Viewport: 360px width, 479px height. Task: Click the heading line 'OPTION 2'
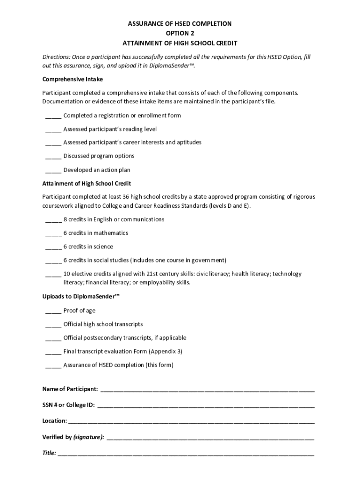coord(180,33)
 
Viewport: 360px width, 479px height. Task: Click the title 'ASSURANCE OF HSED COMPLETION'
coord(180,23)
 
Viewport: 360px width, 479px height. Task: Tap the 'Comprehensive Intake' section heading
coord(72,79)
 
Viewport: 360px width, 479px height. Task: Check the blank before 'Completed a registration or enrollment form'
coord(53,116)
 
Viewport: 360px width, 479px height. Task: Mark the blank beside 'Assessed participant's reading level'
coord(53,129)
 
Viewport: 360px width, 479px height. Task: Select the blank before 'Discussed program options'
coord(53,156)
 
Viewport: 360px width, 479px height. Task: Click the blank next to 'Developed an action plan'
coord(53,170)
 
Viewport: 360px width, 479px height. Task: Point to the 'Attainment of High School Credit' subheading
coord(86,183)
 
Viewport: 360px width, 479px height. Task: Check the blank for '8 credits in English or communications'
coord(53,219)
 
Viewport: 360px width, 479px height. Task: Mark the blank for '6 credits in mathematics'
coord(53,233)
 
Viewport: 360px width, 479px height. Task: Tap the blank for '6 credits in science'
coord(53,247)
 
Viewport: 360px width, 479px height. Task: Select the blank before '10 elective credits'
coord(53,274)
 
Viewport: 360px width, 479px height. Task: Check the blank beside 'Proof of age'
coord(53,311)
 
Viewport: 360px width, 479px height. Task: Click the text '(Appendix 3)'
coord(166,351)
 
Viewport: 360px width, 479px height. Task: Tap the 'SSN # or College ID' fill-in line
coord(206,405)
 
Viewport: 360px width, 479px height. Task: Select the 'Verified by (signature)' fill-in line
coord(210,437)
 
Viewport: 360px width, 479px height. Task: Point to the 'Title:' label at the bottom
coord(49,453)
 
